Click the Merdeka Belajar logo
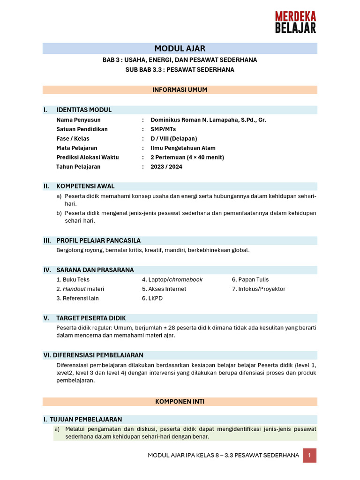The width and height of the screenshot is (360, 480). point(295,22)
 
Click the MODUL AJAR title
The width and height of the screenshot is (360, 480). point(180,49)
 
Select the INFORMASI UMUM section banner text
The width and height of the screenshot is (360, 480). point(180,90)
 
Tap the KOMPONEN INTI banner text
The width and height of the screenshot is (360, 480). point(180,402)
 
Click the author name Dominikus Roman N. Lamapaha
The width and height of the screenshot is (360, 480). point(208,120)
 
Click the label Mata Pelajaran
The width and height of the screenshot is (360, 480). point(77,148)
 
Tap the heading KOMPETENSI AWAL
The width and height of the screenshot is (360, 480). point(85,186)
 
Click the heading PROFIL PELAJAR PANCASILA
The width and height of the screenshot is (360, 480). point(98,240)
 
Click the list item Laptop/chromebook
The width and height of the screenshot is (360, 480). point(172,279)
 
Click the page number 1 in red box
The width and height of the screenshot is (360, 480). point(309,455)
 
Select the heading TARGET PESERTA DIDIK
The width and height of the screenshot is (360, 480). point(91,318)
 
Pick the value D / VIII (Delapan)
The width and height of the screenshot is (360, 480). point(174,139)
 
